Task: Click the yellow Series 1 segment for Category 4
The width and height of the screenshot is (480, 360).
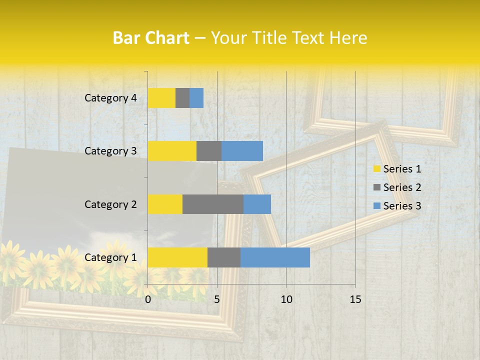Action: click(x=161, y=98)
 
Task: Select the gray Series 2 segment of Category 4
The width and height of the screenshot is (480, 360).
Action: click(x=182, y=98)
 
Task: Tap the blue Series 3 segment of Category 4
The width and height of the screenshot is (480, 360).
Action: click(x=196, y=98)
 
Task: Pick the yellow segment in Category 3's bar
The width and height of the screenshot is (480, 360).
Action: click(x=172, y=151)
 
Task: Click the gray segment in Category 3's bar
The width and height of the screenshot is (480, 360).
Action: click(x=209, y=151)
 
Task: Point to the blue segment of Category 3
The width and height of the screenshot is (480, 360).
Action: click(x=242, y=151)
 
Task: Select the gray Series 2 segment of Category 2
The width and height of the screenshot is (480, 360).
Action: click(x=213, y=204)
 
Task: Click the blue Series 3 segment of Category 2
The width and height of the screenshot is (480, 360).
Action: click(x=257, y=204)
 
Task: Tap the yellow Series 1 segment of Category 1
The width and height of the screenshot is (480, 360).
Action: click(x=177, y=257)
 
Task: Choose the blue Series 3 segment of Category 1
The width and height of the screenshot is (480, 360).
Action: click(x=275, y=257)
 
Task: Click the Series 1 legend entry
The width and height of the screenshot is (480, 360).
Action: click(x=397, y=169)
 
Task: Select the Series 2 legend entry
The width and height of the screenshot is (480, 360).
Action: click(x=397, y=187)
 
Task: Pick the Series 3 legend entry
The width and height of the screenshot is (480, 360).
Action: click(x=397, y=206)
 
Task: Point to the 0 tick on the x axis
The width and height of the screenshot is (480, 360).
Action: click(x=148, y=299)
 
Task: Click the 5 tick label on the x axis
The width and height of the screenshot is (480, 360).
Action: click(x=217, y=299)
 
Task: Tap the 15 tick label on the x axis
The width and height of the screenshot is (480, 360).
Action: click(x=355, y=299)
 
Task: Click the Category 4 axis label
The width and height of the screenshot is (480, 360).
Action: click(x=110, y=98)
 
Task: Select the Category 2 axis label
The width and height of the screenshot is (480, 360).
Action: click(x=110, y=204)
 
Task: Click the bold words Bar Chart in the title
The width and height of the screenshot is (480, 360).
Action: click(x=151, y=38)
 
